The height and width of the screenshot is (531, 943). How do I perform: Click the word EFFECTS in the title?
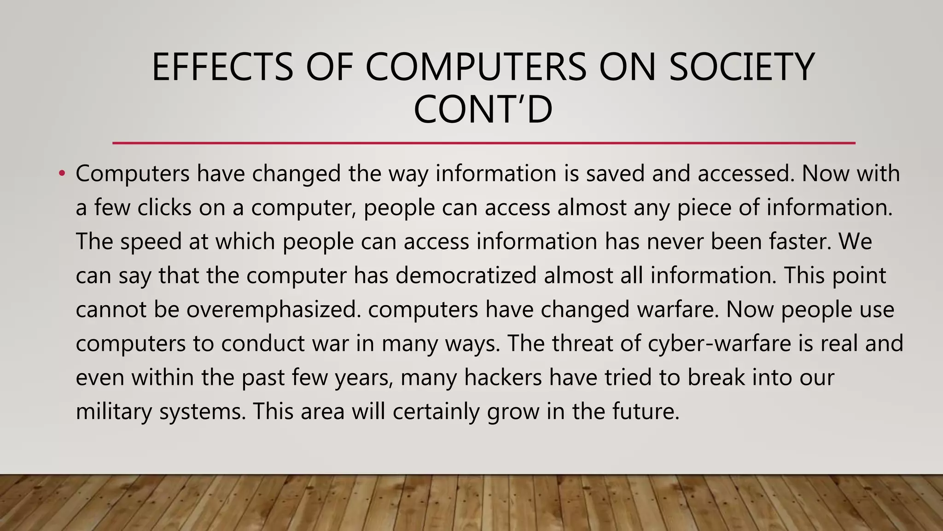[x=222, y=67]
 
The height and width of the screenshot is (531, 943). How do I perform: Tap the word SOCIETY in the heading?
[x=741, y=67]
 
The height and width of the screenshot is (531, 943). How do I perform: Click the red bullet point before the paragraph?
[x=62, y=174]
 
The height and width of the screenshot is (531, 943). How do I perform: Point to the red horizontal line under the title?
[x=483, y=143]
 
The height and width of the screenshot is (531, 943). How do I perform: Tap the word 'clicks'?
[x=164, y=207]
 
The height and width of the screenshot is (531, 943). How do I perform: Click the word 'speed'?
[x=151, y=242]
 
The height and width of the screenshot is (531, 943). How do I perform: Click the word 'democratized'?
[x=466, y=276]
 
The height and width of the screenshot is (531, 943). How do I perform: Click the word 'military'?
[x=113, y=411]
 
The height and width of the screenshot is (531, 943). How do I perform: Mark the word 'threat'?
[x=582, y=343]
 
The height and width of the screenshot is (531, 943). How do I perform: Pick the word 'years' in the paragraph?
[x=363, y=378]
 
